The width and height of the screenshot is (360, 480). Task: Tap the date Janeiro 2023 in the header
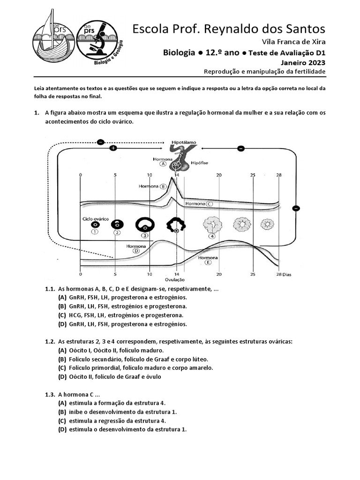click(303, 62)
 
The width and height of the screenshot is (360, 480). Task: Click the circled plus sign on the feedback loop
click(112, 148)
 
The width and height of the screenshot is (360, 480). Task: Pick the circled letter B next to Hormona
click(163, 186)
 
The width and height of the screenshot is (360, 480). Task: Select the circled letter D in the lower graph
click(136, 251)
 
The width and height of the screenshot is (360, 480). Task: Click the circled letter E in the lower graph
click(208, 263)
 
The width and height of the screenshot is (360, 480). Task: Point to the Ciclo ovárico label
click(96, 218)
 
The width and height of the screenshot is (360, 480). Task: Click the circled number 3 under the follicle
click(145, 235)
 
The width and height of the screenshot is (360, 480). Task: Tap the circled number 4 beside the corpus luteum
click(212, 236)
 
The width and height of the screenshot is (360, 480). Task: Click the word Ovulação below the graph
click(177, 280)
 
